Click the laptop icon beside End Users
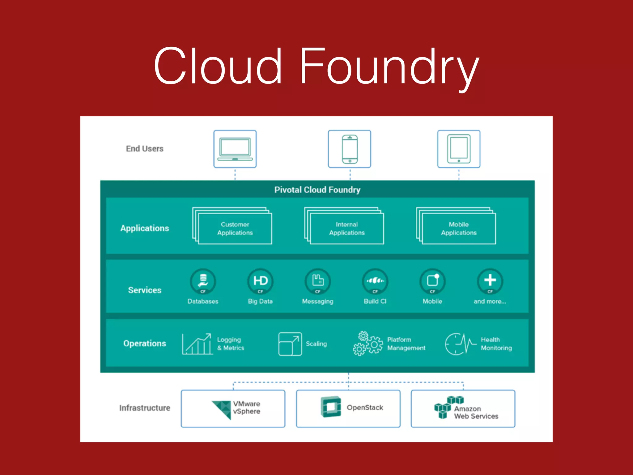(x=235, y=149)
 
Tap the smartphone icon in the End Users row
(x=350, y=149)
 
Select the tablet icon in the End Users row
(x=459, y=149)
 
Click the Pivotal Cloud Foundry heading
(x=317, y=190)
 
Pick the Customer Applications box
(x=235, y=229)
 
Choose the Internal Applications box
(x=347, y=229)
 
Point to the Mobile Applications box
(x=459, y=229)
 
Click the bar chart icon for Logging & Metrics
(x=197, y=344)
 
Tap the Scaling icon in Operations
(x=290, y=344)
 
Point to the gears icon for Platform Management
(x=368, y=344)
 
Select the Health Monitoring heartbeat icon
(x=460, y=344)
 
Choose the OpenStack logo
(x=331, y=407)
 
